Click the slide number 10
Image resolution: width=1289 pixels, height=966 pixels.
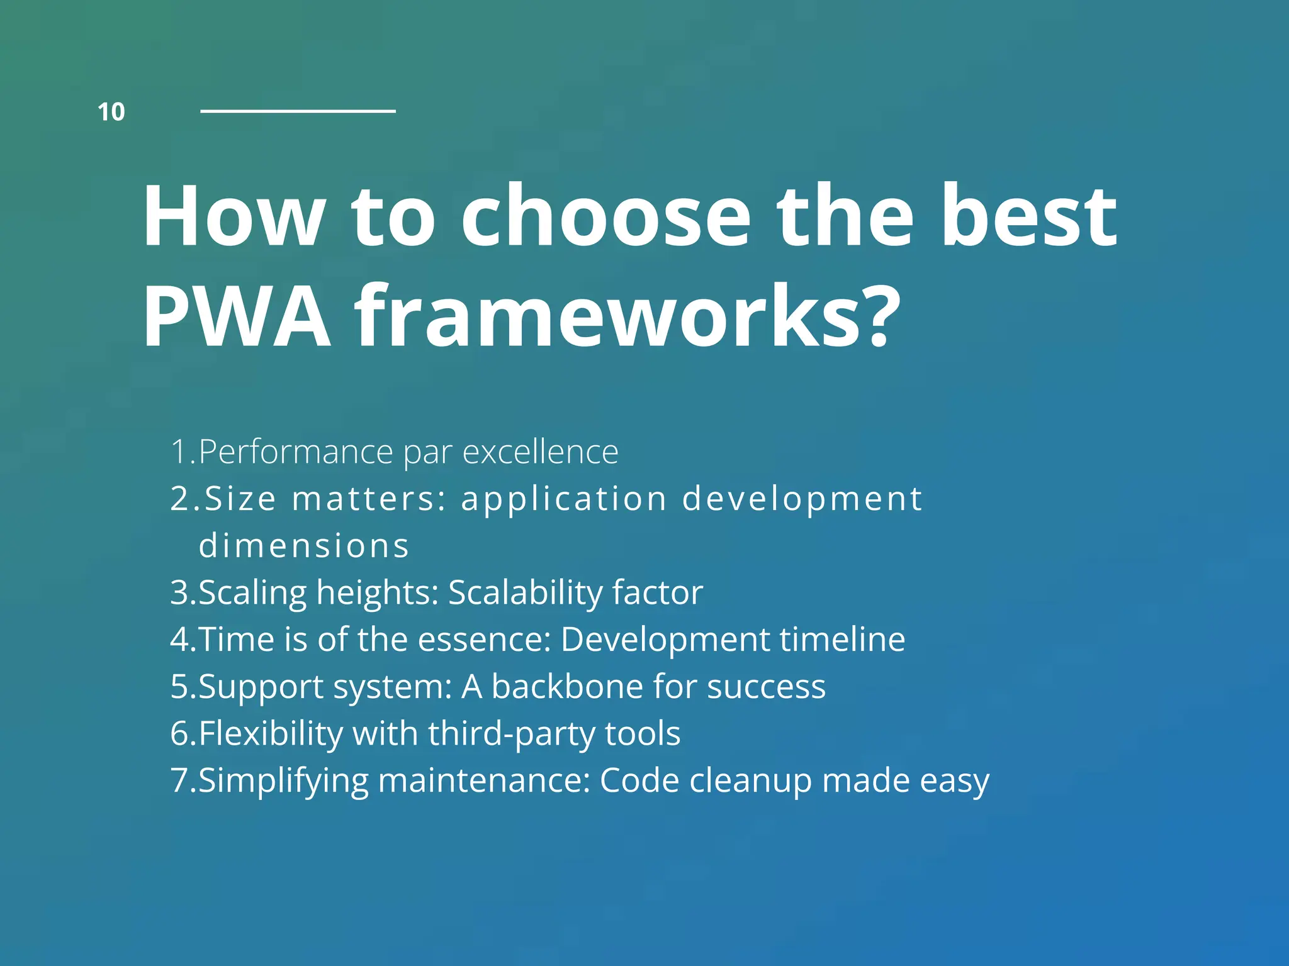pyautogui.click(x=111, y=112)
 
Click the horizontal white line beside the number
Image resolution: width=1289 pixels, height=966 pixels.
pyautogui.click(x=298, y=111)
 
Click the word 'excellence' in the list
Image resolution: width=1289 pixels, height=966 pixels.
pyautogui.click(x=540, y=452)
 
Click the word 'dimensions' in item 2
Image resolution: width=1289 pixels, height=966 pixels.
pyautogui.click(x=304, y=545)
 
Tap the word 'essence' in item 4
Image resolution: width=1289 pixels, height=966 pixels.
pyautogui.click(x=483, y=639)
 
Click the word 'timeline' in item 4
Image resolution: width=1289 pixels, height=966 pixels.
pyautogui.click(x=842, y=639)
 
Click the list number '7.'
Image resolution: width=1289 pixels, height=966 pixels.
pyautogui.click(x=183, y=780)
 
